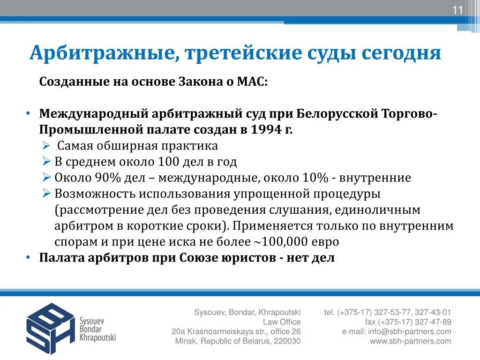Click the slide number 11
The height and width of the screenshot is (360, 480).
coord(457,11)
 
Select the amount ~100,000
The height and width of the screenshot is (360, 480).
coord(285,242)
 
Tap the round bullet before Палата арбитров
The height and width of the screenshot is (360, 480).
coord(29,258)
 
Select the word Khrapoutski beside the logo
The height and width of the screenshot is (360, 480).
coord(97,337)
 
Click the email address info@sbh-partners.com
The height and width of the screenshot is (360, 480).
coord(410,331)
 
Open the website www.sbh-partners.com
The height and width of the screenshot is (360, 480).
coord(411,341)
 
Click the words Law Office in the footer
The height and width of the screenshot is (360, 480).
coord(281,322)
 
